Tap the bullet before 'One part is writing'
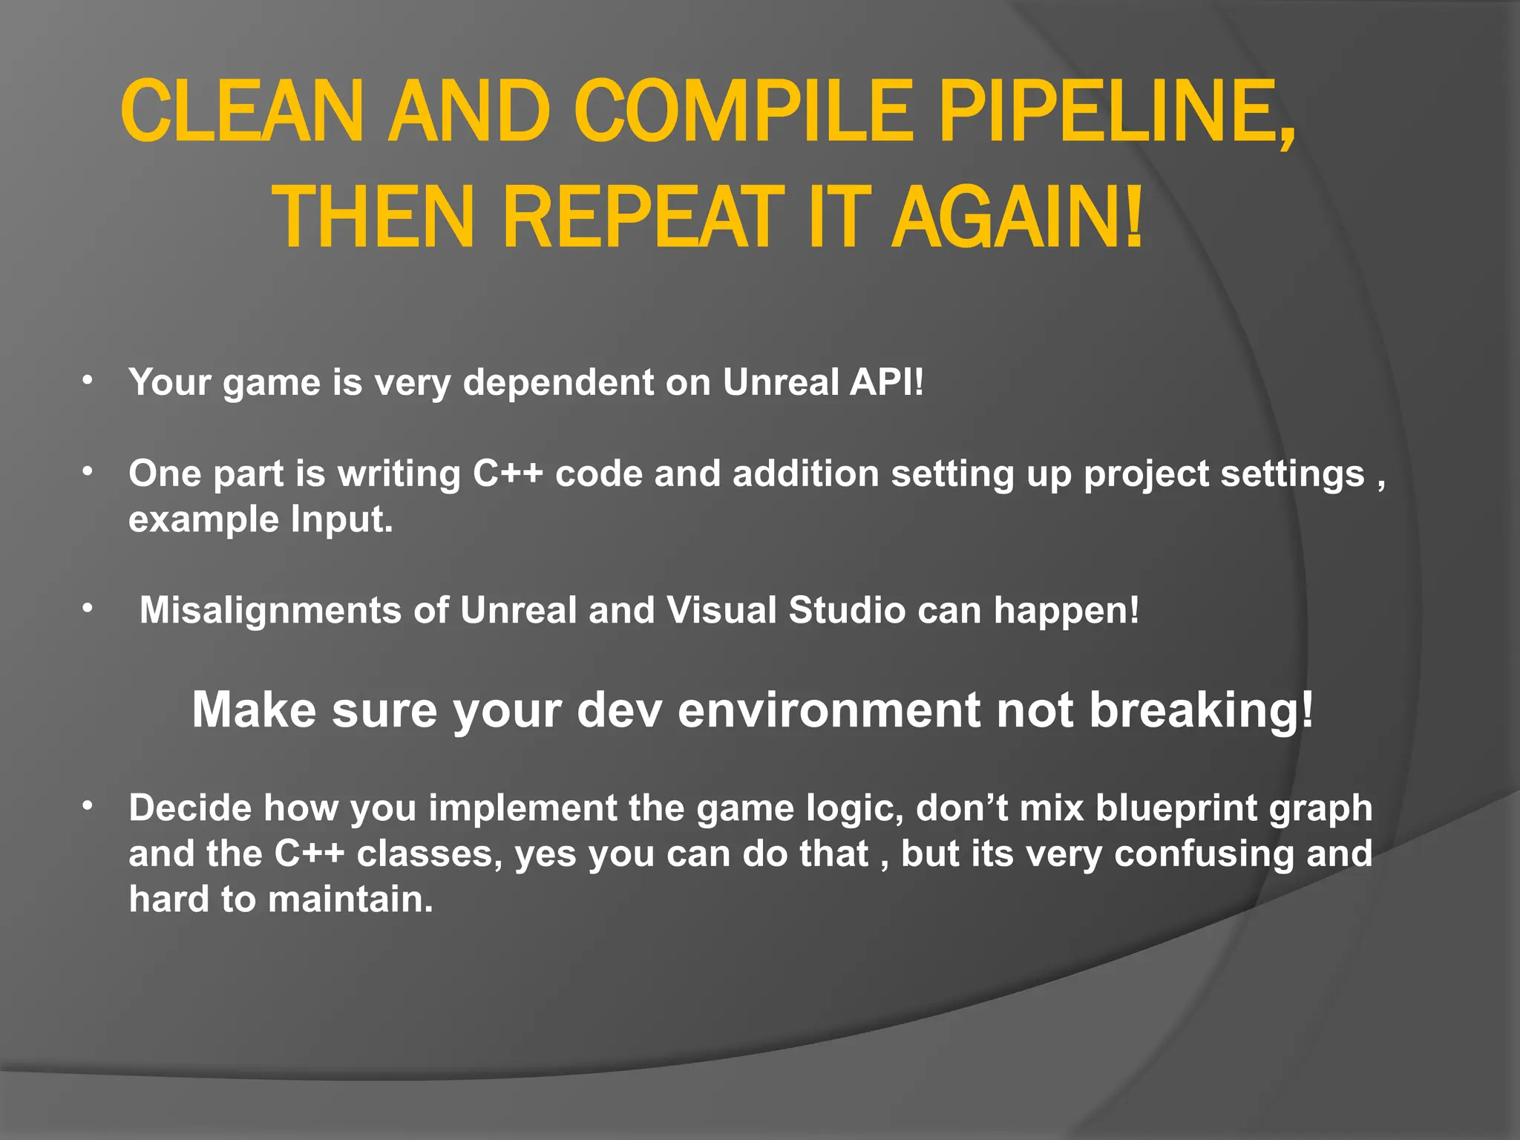click(x=88, y=472)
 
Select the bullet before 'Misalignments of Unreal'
click(x=88, y=609)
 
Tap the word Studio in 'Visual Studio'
click(x=847, y=610)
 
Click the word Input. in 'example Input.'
click(x=341, y=519)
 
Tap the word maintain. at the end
click(x=350, y=899)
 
